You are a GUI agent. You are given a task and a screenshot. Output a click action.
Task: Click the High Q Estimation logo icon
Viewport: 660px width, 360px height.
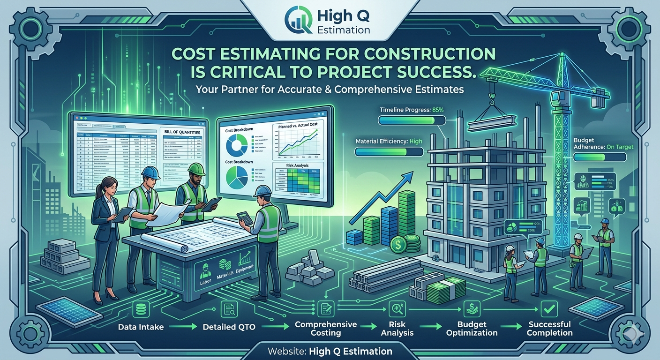coord(299,21)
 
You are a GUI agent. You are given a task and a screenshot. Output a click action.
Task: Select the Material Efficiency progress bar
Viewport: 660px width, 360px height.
coord(389,152)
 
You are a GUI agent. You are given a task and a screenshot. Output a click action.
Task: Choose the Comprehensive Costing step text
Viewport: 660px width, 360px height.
coord(325,329)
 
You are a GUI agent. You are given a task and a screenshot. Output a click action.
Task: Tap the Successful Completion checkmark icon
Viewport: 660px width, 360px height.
coord(548,309)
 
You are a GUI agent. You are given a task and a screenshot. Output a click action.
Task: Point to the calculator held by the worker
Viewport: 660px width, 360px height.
coord(244,218)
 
